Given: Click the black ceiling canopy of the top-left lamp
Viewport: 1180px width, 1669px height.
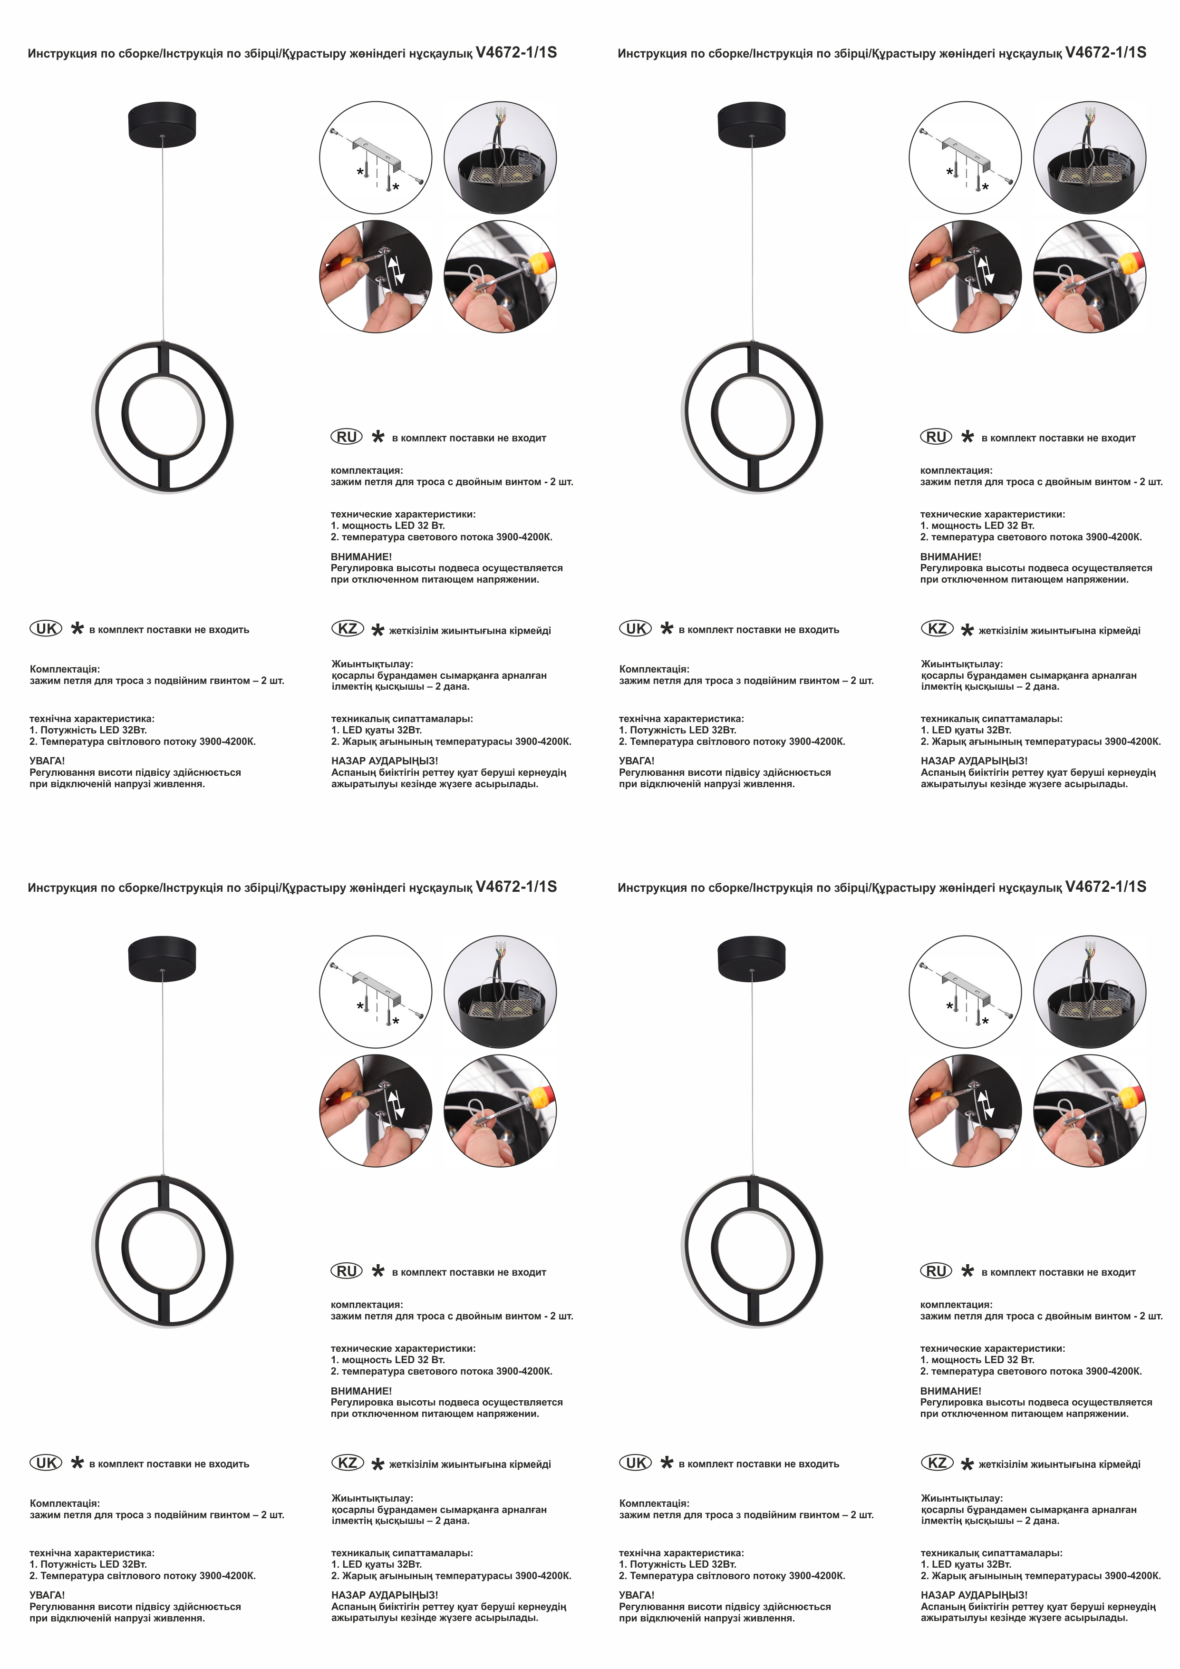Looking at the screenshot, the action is pyautogui.click(x=163, y=122).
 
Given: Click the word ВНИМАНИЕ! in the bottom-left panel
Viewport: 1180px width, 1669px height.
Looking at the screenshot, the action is pyautogui.click(x=361, y=1391).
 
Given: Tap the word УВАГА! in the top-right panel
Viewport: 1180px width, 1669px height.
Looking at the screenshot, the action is pyautogui.click(x=637, y=761).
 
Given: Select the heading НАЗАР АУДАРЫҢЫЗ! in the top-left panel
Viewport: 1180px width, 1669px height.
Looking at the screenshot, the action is pyautogui.click(x=384, y=761).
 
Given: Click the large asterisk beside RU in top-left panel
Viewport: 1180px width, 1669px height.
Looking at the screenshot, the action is pyautogui.click(x=378, y=437).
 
